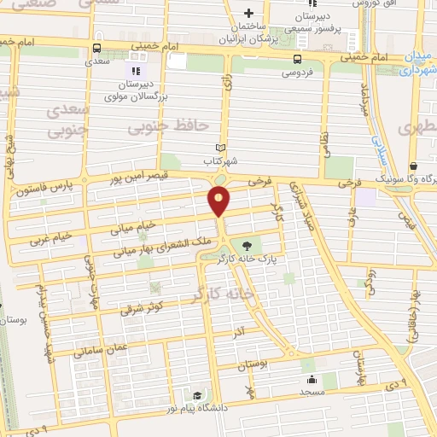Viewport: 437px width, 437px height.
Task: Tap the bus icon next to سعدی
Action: [x=96, y=48]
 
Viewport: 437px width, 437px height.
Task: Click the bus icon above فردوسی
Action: [x=297, y=59]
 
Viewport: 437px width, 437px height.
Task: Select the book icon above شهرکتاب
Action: [x=221, y=148]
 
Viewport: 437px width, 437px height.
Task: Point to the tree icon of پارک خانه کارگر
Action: [x=258, y=242]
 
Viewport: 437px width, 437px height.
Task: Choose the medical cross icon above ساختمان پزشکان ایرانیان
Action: [x=248, y=13]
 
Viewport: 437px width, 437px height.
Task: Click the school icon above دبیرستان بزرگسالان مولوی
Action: [x=134, y=68]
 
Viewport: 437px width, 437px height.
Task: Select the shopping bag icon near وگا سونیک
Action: [x=413, y=166]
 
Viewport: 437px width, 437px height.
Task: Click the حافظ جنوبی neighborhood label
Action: [x=168, y=127]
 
